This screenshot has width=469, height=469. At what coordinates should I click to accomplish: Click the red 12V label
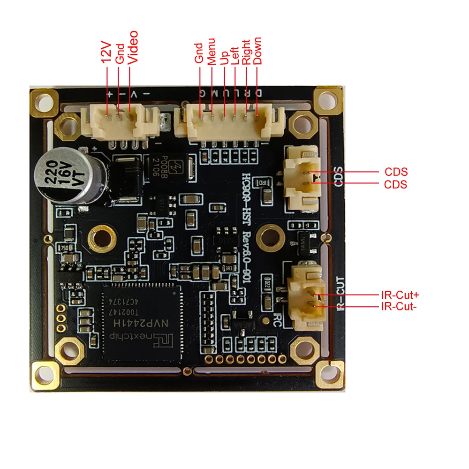(x=107, y=53)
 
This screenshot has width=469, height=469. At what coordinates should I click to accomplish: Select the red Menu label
(x=212, y=51)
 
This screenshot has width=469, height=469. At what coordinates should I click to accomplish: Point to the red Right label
(x=246, y=51)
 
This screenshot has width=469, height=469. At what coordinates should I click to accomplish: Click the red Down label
(x=257, y=51)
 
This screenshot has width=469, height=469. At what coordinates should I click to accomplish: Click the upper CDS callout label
(x=396, y=172)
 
